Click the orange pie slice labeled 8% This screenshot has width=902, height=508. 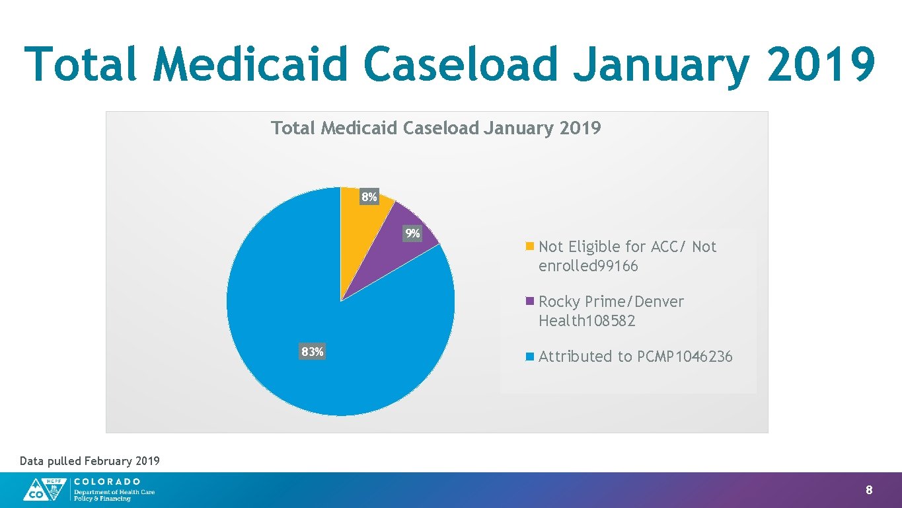coord(360,225)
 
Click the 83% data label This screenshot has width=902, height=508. coord(313,352)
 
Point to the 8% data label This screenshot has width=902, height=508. coord(369,197)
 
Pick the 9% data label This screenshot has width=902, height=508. coord(412,233)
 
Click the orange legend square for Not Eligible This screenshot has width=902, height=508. coord(529,247)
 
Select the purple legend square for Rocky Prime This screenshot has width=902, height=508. coord(529,302)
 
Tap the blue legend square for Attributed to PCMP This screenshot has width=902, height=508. coord(529,357)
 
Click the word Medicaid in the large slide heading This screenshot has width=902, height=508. coord(250,64)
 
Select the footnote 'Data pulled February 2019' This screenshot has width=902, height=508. coord(90,461)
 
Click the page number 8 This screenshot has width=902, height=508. coord(869,490)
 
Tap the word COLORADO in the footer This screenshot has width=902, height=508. coord(107,482)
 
